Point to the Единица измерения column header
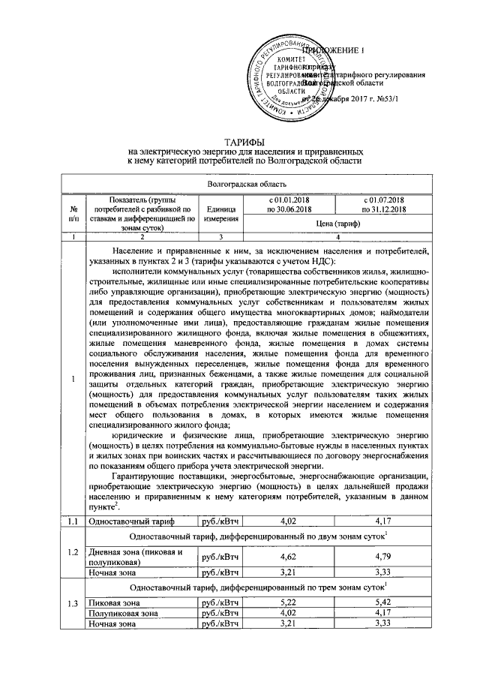coord(218,213)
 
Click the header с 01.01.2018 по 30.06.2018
coord(290,204)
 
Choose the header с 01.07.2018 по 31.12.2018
coord(382,204)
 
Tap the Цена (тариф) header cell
coord(336,224)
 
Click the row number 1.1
coord(70,519)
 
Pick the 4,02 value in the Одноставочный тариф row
coord(290,519)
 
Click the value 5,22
coord(290,602)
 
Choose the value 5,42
coord(382,602)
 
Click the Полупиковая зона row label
coord(123,613)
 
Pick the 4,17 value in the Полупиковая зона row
coord(382,613)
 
